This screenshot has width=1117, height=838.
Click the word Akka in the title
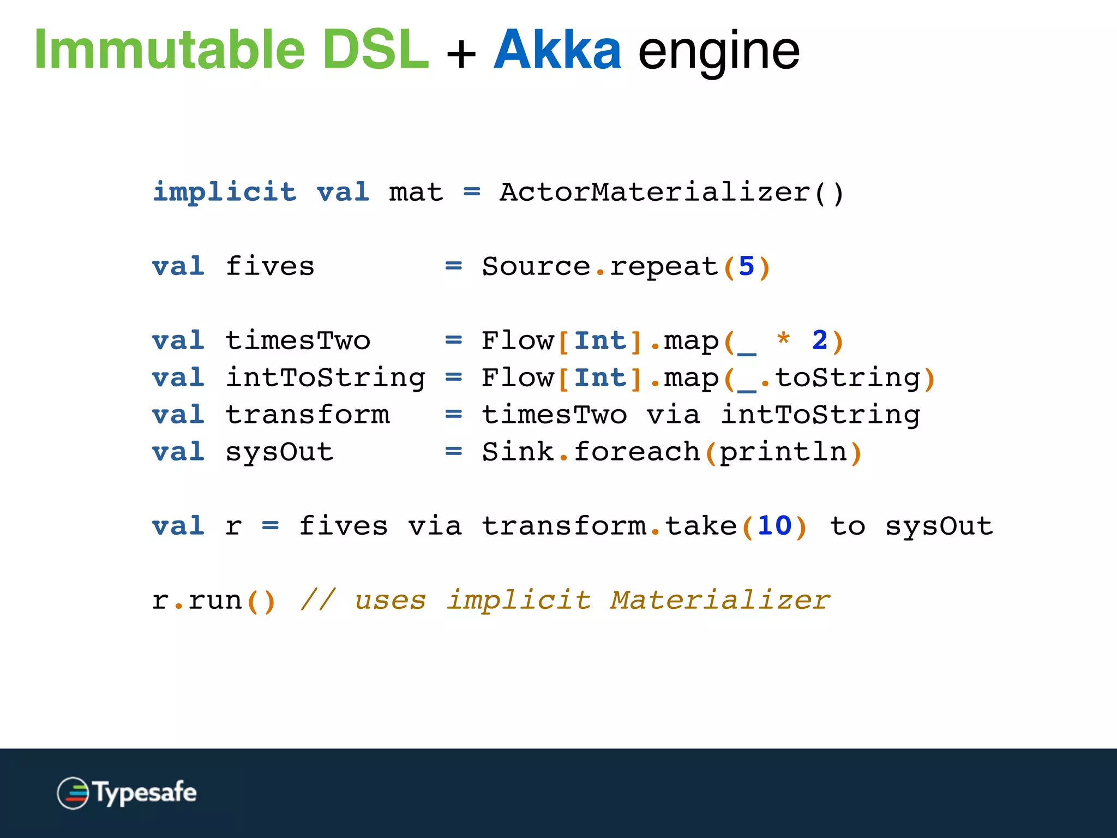coord(557,50)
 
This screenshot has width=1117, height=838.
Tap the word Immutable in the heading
coord(169,50)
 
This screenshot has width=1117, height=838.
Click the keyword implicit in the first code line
coord(224,192)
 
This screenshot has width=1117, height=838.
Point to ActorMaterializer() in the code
coord(671,192)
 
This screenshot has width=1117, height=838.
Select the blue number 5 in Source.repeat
coord(746,267)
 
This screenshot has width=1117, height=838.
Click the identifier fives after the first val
coord(270,267)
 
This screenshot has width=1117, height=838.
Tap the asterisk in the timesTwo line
coord(783,339)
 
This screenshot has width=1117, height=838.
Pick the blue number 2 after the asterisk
coord(819,341)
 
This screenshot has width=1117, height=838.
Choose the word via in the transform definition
coord(673,415)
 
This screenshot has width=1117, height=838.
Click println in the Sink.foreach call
coord(783,452)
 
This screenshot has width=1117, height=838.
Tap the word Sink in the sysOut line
coord(518,452)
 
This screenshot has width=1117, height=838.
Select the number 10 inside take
coord(774,526)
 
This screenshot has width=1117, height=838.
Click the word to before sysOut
coord(847,526)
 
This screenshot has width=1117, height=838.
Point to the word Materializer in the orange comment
coord(720,600)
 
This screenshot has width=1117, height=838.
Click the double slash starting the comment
coord(318,600)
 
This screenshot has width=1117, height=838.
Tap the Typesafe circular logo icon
coord(73,793)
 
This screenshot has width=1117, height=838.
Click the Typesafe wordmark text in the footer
coord(145,793)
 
